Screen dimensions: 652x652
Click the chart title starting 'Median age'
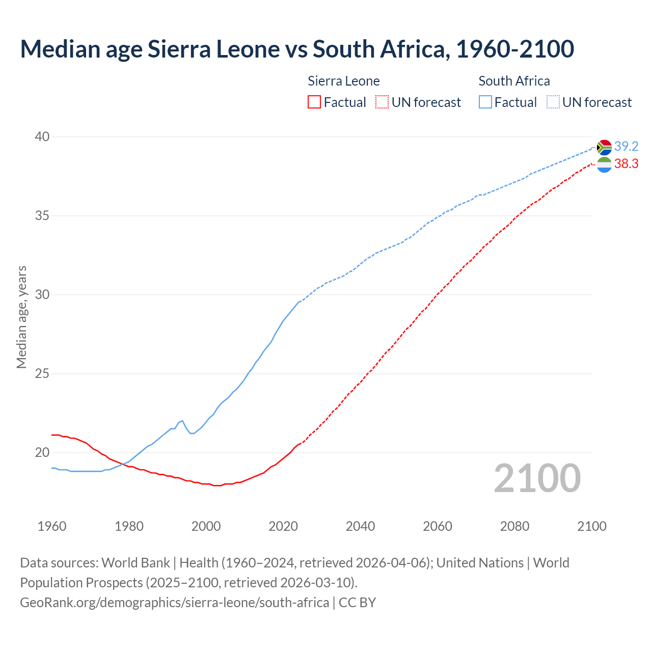[297, 49]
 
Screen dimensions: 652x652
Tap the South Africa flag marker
[604, 147]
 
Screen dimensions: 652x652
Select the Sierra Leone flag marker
[604, 165]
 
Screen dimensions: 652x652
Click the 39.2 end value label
[626, 147]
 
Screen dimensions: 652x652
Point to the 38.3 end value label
[626, 164]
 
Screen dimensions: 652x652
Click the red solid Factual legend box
[314, 102]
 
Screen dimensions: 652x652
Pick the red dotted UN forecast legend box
[382, 102]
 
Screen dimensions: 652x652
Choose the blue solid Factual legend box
[485, 102]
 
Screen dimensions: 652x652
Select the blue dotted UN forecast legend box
[553, 102]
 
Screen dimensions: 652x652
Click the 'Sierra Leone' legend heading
[344, 81]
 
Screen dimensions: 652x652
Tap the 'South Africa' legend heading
[514, 81]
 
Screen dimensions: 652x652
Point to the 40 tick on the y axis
[42, 137]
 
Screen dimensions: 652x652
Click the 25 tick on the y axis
[42, 373]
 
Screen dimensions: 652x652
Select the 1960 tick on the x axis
[52, 526]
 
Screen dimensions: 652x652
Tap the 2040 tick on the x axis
[360, 526]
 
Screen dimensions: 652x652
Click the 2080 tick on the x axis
[514, 526]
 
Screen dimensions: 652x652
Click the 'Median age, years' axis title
[21, 317]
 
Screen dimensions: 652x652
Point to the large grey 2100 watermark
[537, 478]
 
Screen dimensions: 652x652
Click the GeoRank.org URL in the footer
[174, 603]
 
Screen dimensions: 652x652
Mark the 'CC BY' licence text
[358, 603]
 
